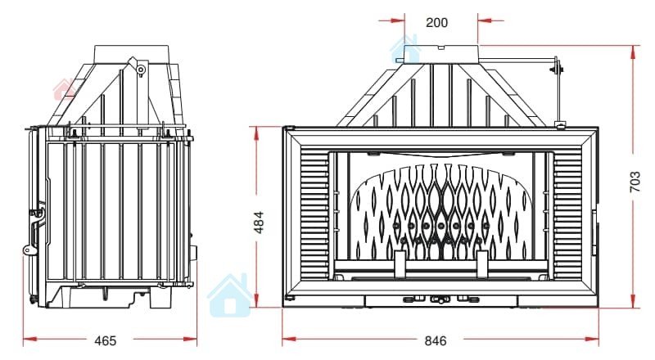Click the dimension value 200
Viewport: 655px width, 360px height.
[x=436, y=22]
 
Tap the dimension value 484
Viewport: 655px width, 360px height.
[x=260, y=223]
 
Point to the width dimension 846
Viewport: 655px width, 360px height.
[x=436, y=341]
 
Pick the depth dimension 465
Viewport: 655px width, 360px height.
[x=106, y=341]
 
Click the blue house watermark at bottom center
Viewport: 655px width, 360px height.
[x=229, y=295]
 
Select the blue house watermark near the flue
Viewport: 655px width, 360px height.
[x=404, y=49]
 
